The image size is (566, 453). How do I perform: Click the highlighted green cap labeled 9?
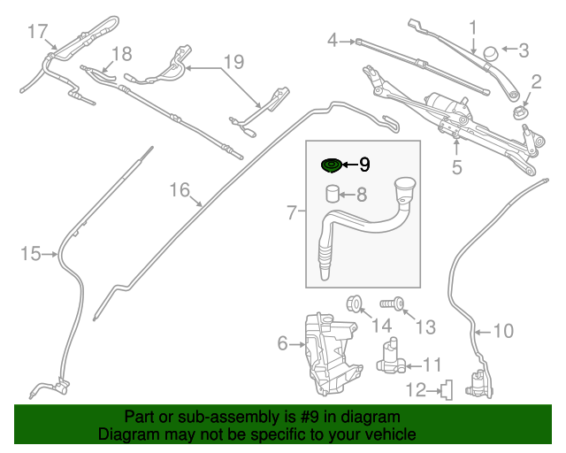(x=331, y=165)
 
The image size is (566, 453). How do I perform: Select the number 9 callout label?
(x=364, y=165)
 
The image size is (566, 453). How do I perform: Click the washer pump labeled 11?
(x=389, y=357)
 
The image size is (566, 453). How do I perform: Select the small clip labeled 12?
(x=447, y=388)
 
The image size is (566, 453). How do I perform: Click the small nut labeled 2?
(x=521, y=113)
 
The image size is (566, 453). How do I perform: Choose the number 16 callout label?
(x=180, y=189)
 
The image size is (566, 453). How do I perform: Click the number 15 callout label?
(x=30, y=254)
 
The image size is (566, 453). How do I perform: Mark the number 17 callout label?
(x=36, y=33)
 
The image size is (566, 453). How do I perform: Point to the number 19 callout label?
(x=232, y=62)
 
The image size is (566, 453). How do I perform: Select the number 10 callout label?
(x=502, y=332)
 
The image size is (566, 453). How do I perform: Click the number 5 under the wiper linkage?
(x=456, y=165)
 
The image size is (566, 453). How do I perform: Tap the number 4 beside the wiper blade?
(x=333, y=40)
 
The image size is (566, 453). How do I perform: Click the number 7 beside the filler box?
(x=293, y=212)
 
